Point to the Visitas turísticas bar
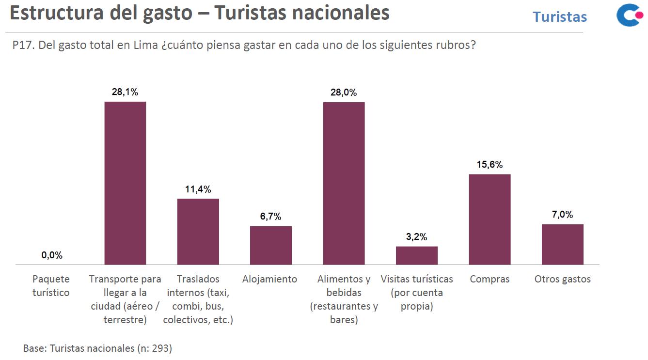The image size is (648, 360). pyautogui.click(x=417, y=255)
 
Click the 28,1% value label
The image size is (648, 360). pyautogui.click(x=125, y=92)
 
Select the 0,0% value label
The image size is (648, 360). pyautogui.click(x=52, y=255)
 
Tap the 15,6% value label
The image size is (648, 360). pyautogui.click(x=490, y=165)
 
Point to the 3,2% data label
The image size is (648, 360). pyautogui.click(x=417, y=237)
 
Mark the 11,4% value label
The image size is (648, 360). pyautogui.click(x=198, y=189)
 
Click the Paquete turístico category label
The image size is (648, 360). pyautogui.click(x=51, y=286)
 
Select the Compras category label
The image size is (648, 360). pyautogui.click(x=490, y=279)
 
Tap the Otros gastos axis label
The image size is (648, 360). pyautogui.click(x=562, y=279)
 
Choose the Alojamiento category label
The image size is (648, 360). pyautogui.click(x=269, y=279)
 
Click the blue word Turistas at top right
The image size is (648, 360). pyautogui.click(x=559, y=17)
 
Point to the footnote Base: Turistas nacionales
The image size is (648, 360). pyautogui.click(x=97, y=348)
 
